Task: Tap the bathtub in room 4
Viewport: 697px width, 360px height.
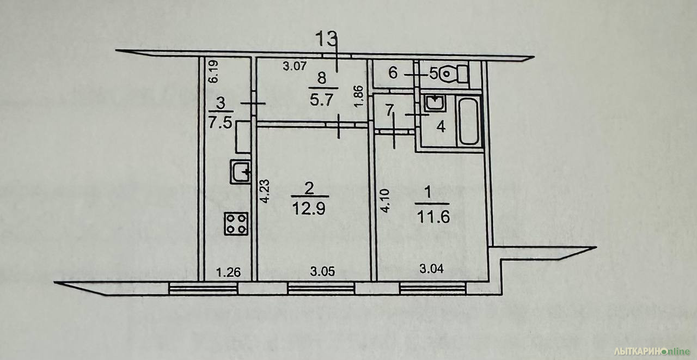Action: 469,121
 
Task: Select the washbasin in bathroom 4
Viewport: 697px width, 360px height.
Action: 435,103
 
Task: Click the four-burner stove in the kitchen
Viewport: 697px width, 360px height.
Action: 236,223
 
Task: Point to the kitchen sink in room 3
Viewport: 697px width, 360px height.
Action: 240,172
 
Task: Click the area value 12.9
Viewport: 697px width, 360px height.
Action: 309,209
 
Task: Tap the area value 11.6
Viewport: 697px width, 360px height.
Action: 433,217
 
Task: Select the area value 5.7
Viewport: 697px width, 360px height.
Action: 322,100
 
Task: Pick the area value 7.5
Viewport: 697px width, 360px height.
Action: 221,122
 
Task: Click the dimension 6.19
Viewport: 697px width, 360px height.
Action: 213,71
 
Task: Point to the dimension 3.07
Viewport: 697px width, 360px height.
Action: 295,66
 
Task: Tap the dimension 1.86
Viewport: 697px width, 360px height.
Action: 359,96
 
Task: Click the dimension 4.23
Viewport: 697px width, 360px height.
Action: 265,191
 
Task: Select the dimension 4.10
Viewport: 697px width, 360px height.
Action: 385,201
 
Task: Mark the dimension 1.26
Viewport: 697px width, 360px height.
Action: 228,272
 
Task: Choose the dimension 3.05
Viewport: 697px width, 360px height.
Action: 322,272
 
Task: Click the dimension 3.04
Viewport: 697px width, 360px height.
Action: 432,269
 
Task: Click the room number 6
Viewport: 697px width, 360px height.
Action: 393,74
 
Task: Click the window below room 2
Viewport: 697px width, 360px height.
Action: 321,288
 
